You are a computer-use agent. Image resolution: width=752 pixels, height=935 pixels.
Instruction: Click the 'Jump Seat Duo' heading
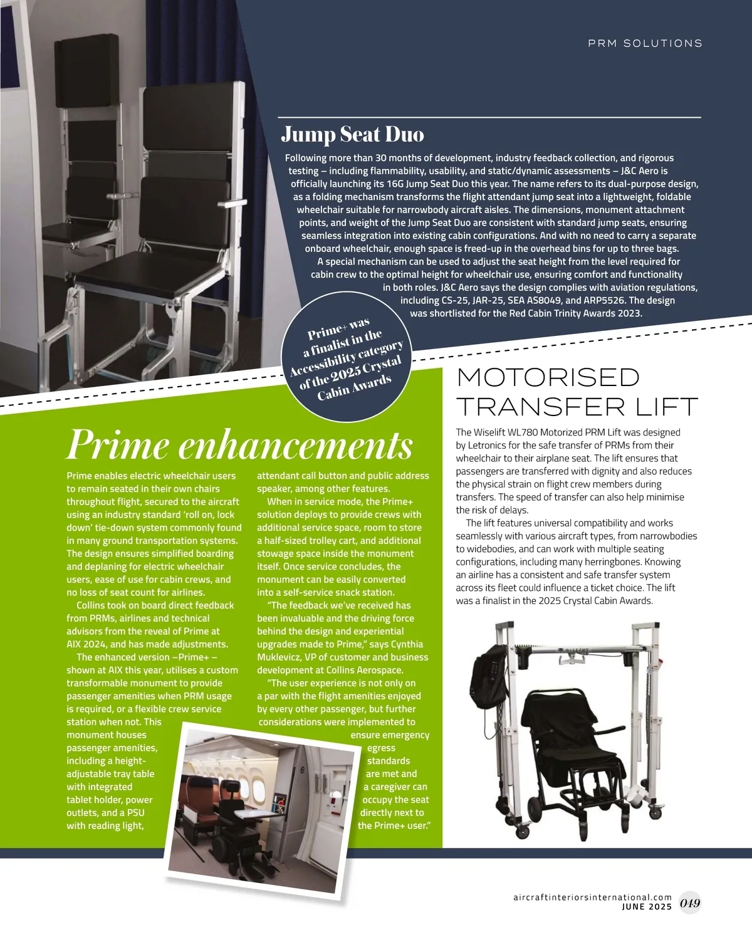pos(352,134)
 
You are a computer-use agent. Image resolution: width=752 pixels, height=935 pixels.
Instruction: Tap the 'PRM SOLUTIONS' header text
pos(645,43)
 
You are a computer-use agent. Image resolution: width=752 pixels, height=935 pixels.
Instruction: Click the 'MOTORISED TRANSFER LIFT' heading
pos(577,392)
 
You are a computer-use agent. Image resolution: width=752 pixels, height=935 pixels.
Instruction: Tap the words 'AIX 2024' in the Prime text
pos(87,644)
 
